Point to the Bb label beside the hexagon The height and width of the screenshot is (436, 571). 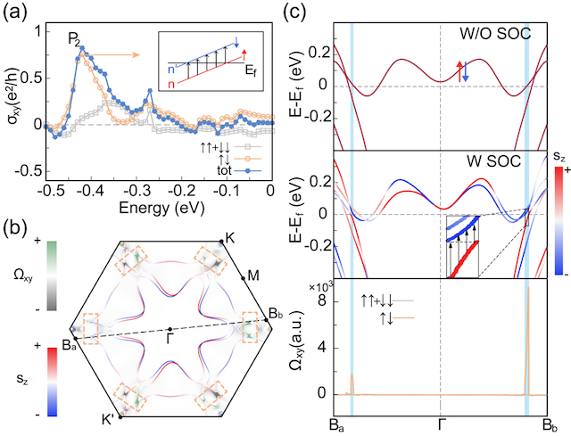(x=277, y=314)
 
